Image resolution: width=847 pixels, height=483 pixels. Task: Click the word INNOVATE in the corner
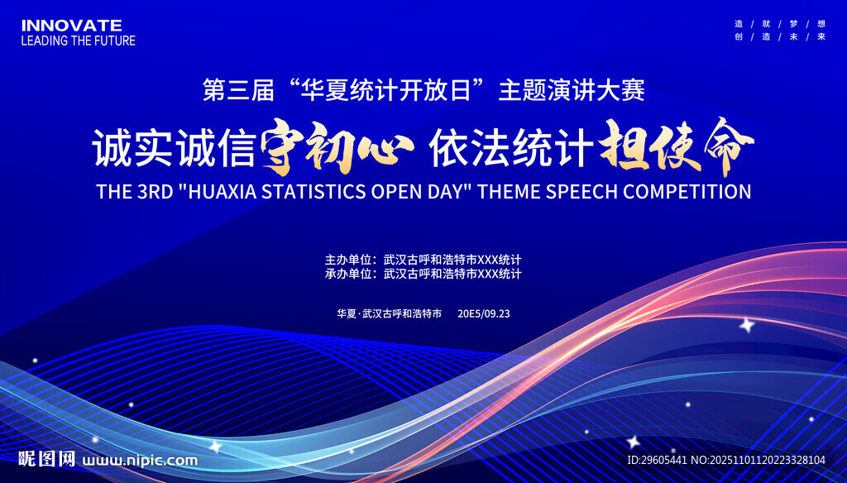pyautogui.click(x=71, y=26)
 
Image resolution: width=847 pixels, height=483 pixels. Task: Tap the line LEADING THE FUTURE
pyautogui.click(x=78, y=40)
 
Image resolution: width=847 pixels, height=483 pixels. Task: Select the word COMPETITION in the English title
pyautogui.click(x=687, y=191)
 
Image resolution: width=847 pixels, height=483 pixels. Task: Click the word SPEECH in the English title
pyautogui.click(x=577, y=191)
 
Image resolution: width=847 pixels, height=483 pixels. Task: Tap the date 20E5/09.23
pyautogui.click(x=484, y=313)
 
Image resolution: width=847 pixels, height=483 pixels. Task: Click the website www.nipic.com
pyautogui.click(x=141, y=460)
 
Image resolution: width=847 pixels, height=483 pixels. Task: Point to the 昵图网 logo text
pyautogui.click(x=47, y=459)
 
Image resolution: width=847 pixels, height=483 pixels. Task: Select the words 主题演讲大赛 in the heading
pyautogui.click(x=572, y=90)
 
